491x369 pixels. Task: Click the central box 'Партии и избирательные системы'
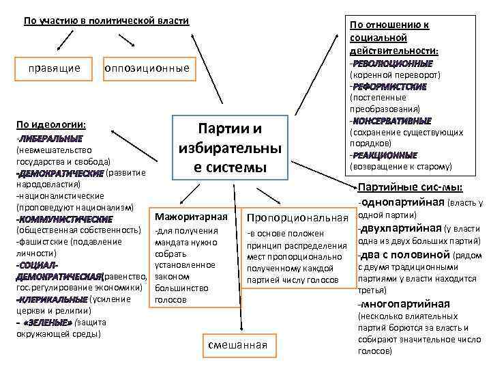230,148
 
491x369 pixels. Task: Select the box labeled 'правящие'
54,68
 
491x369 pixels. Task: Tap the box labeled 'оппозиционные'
146,68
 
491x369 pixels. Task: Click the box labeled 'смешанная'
237,344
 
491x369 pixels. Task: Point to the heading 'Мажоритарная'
190,217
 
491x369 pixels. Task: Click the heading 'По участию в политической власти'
106,21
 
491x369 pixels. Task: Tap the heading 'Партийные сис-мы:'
410,187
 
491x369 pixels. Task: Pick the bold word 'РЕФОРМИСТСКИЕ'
389,87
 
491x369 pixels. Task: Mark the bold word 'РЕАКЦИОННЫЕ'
385,155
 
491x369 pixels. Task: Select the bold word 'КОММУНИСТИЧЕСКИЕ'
65,219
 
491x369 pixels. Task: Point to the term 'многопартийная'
404,304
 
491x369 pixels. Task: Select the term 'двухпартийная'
400,228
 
